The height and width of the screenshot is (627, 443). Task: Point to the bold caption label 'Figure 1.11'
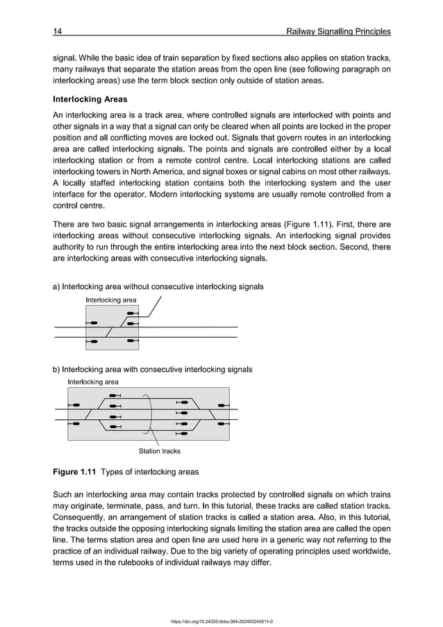[x=75, y=472]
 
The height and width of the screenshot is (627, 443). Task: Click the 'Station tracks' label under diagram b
[x=159, y=450]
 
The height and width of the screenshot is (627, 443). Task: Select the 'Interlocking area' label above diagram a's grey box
[x=110, y=300]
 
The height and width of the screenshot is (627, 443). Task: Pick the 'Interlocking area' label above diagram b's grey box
[x=92, y=382]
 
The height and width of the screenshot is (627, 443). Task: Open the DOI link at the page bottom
[x=221, y=621]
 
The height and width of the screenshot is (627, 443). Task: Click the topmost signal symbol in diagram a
[x=130, y=313]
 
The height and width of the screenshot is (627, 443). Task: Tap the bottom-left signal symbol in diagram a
[x=92, y=341]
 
